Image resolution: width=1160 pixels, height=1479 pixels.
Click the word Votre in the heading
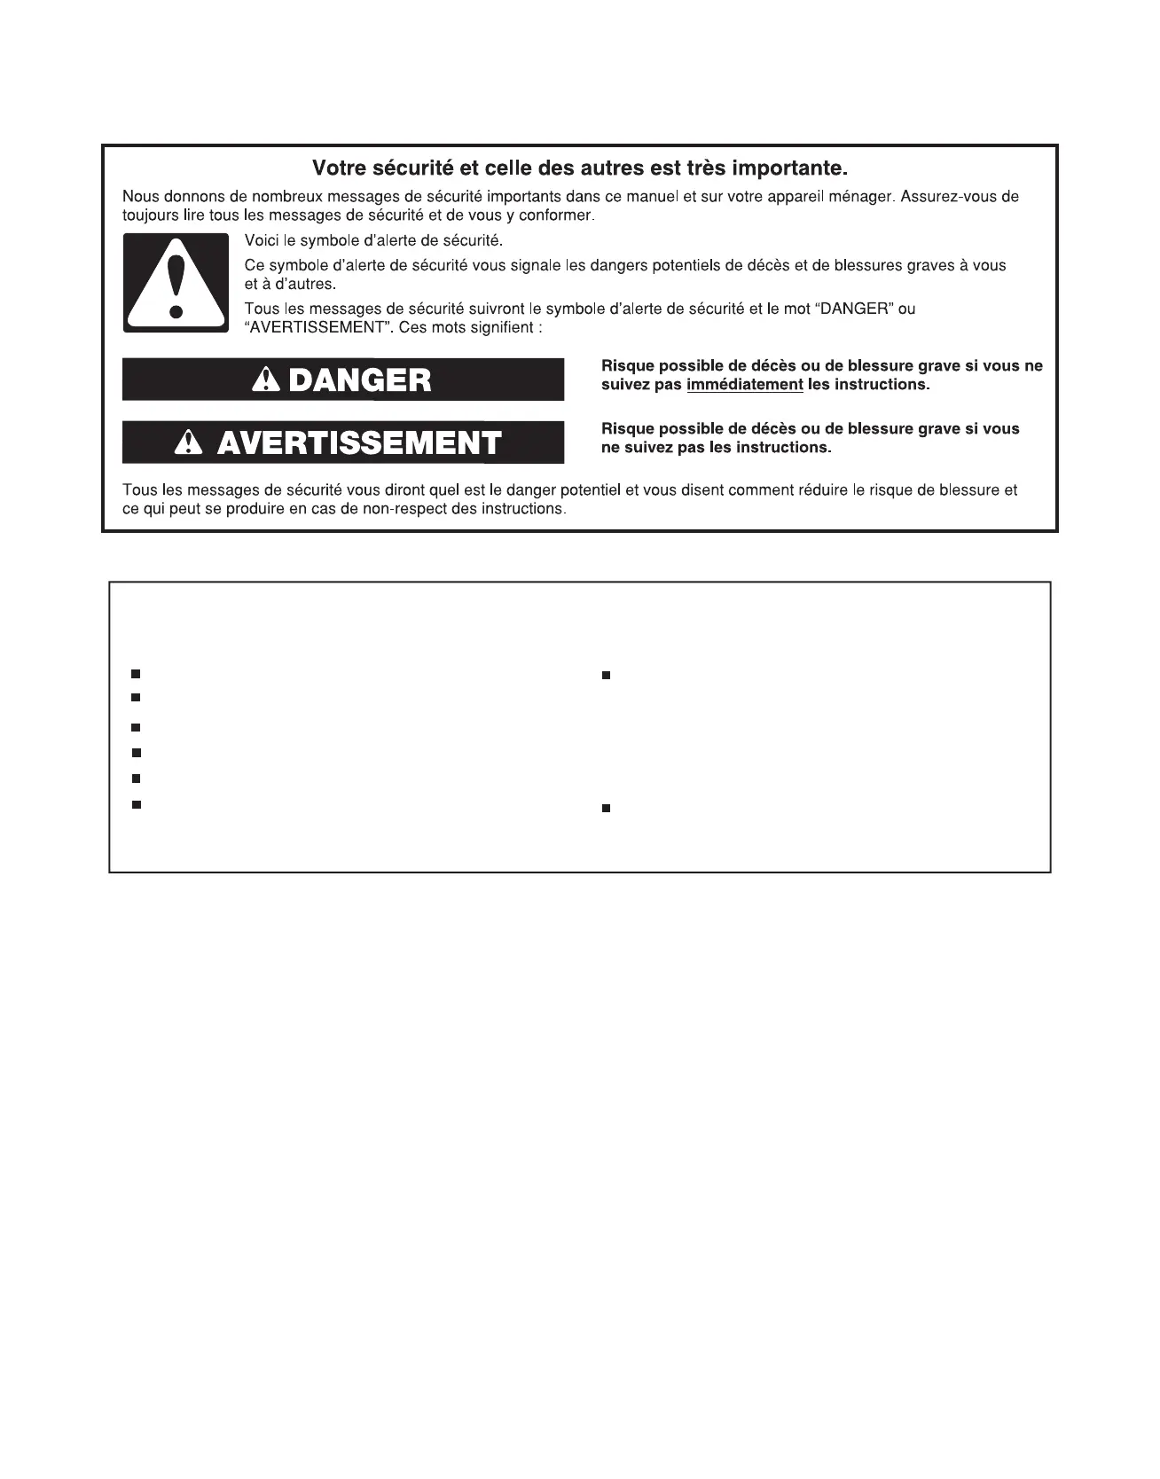[334, 168]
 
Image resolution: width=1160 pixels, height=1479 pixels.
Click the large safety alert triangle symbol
[176, 283]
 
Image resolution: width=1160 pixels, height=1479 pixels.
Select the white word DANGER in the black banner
[360, 380]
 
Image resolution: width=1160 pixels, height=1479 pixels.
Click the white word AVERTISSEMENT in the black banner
[359, 442]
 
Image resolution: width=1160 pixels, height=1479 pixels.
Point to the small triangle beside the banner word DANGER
[265, 380]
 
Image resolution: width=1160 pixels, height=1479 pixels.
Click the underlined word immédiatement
[744, 385]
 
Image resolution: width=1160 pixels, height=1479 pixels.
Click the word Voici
[262, 241]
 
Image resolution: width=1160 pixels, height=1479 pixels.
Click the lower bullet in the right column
[607, 809]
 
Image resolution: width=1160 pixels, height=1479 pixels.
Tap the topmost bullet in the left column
[136, 675]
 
